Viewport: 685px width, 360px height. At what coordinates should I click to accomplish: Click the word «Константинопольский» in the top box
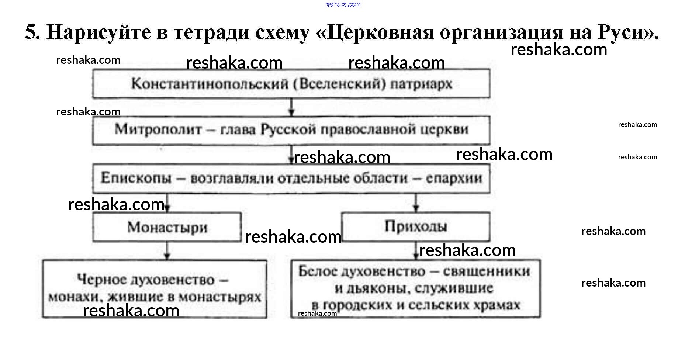point(210,84)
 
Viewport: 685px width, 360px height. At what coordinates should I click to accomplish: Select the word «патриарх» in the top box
point(421,84)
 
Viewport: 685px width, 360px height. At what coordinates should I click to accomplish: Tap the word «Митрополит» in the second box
point(158,129)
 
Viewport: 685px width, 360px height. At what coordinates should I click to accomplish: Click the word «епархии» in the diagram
point(454,178)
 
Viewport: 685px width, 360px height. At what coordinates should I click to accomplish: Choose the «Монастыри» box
point(167,227)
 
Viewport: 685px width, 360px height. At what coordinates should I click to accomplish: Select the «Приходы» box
point(416,226)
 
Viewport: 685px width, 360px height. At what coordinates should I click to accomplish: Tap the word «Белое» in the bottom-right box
point(318,271)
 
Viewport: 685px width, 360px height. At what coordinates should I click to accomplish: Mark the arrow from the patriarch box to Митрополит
point(291,108)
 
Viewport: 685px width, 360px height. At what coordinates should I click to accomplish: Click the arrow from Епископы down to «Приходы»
point(416,203)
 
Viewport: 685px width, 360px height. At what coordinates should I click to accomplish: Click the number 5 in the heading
point(32,32)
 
